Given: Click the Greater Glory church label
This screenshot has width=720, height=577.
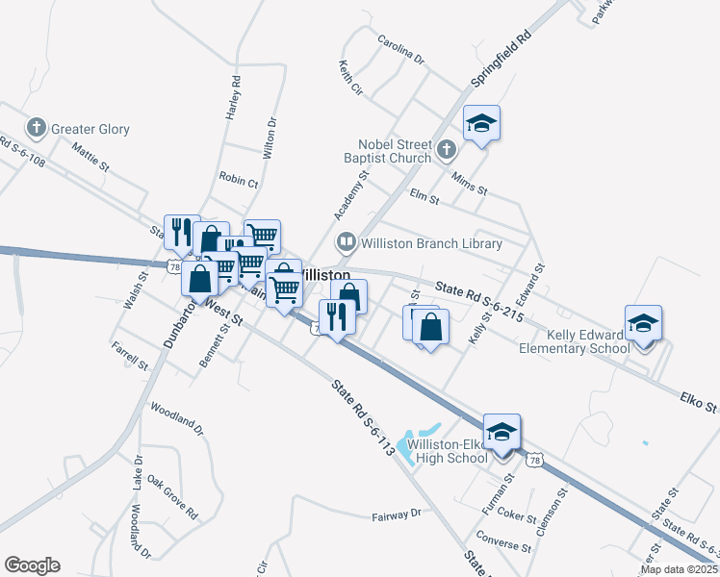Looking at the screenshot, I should pyautogui.click(x=90, y=129).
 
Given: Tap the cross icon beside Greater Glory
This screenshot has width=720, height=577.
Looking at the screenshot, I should pyautogui.click(x=37, y=128).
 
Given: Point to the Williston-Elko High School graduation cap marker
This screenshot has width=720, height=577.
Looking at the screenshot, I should pyautogui.click(x=501, y=432).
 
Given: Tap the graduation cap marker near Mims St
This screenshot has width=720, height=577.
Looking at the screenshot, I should pyautogui.click(x=481, y=123).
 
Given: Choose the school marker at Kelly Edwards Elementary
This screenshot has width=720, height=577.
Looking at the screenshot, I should pyautogui.click(x=643, y=324).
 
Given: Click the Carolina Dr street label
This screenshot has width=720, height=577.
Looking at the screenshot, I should pyautogui.click(x=400, y=51).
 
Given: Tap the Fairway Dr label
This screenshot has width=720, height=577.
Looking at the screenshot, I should pyautogui.click(x=397, y=515).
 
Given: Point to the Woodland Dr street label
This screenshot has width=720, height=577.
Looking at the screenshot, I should pyautogui.click(x=177, y=421).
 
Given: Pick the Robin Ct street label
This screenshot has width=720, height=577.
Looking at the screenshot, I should pyautogui.click(x=239, y=181).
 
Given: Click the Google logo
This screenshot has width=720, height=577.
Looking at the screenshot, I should pyautogui.click(x=32, y=565).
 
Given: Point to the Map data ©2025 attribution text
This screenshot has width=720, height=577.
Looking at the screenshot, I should pyautogui.click(x=679, y=569).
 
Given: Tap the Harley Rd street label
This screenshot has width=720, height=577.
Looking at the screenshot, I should pyautogui.click(x=232, y=97).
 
